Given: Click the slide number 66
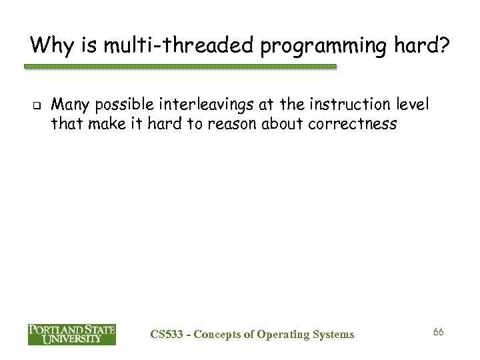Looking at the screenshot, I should point(439,331).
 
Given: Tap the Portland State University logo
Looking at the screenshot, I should point(71,334).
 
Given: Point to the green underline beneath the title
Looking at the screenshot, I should point(180,67).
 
